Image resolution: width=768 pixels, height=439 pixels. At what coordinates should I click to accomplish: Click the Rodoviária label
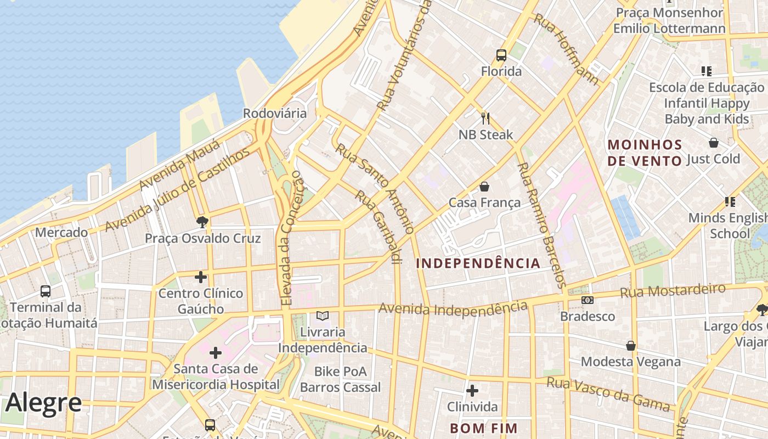[275, 113]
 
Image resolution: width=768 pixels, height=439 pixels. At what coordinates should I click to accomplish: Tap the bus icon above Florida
[501, 55]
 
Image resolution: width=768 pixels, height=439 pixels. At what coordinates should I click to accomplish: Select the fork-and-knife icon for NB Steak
[485, 118]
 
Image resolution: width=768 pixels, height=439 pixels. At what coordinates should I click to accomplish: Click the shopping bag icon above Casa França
[484, 187]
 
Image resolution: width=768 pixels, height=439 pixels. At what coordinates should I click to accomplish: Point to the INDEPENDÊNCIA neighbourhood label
[478, 263]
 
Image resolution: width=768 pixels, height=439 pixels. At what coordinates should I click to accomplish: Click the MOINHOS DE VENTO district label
[645, 153]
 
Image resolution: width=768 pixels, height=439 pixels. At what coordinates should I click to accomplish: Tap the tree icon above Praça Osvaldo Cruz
[202, 222]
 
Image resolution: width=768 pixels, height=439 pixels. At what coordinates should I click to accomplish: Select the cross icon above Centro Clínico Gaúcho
[201, 277]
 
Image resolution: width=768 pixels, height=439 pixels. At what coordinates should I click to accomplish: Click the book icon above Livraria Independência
[323, 316]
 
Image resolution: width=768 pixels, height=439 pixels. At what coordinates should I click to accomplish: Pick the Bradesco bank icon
[588, 300]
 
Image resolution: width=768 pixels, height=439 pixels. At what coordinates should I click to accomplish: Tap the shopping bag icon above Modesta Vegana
[631, 346]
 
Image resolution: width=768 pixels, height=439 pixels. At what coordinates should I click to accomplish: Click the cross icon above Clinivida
[472, 391]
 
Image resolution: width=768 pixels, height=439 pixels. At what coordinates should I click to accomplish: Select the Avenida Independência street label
[453, 309]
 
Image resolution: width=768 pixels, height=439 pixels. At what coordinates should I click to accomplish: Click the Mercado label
[61, 232]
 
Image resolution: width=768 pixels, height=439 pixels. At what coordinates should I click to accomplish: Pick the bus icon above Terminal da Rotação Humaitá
[46, 291]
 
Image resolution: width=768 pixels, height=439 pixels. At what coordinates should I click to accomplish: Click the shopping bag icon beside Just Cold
[713, 143]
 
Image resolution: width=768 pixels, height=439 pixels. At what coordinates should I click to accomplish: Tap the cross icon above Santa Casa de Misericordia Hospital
[216, 352]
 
